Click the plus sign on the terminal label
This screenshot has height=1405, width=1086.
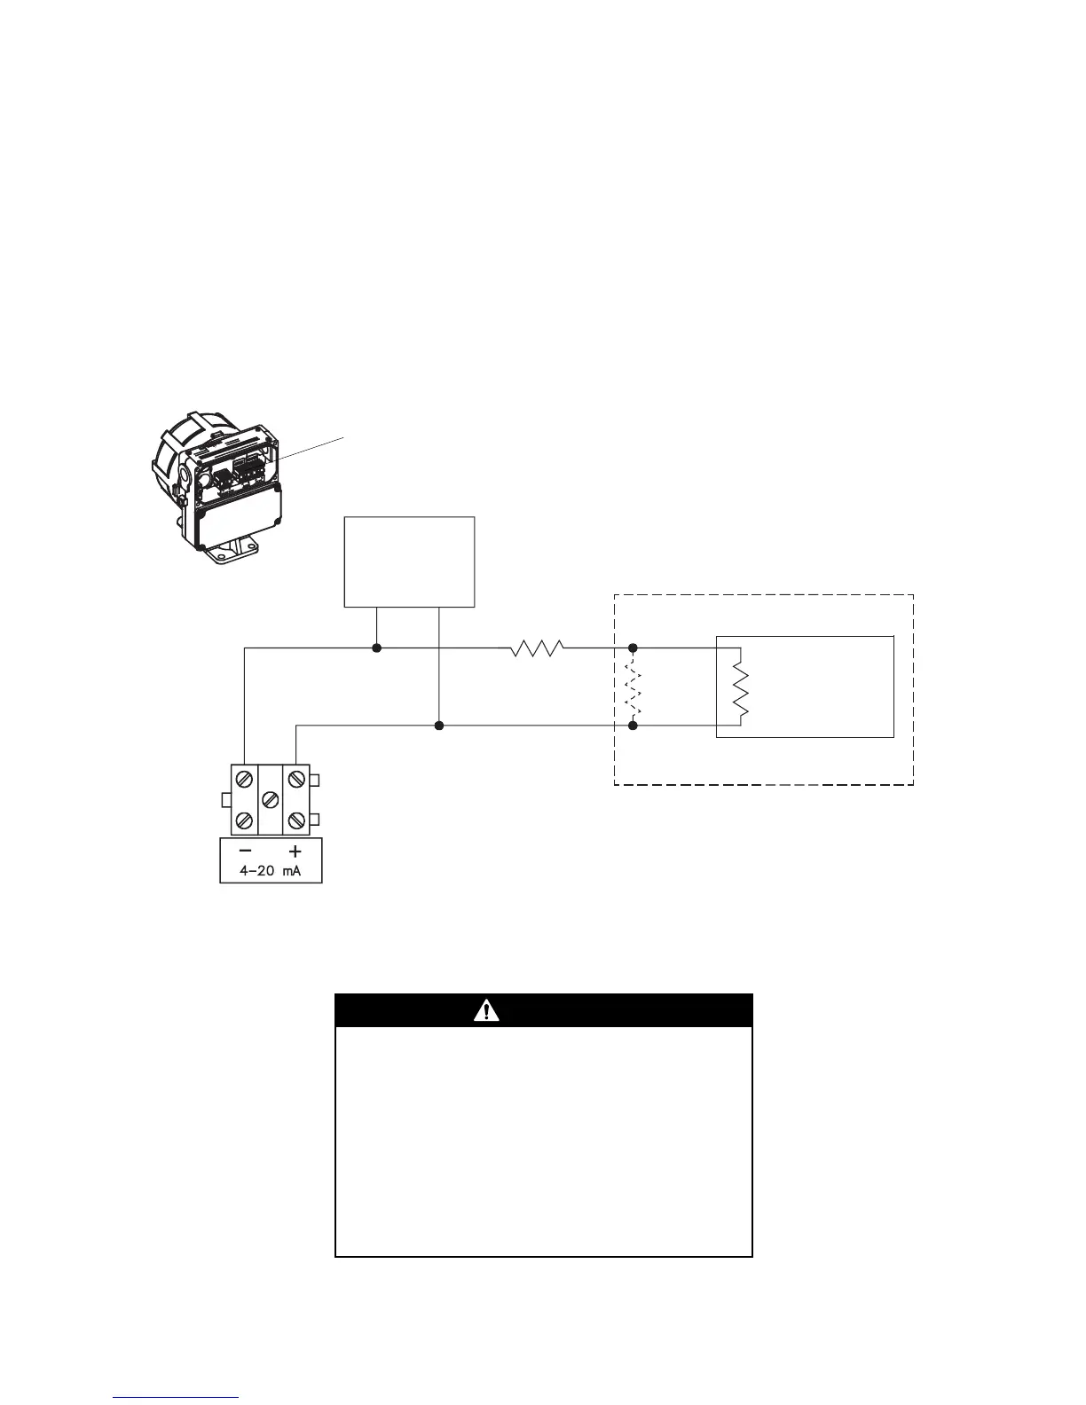[x=296, y=849]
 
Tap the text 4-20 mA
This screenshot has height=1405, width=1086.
[x=271, y=871]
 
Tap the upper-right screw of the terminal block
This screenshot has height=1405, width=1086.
[x=296, y=781]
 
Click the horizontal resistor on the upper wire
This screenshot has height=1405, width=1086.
[x=537, y=648]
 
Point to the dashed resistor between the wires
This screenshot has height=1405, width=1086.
[x=633, y=687]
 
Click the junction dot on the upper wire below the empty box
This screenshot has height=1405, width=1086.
[x=376, y=648]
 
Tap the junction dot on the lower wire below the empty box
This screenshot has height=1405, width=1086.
[x=438, y=726]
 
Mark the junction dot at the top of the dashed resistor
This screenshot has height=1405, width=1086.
[x=633, y=648]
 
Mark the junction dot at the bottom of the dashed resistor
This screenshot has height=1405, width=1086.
[x=633, y=726]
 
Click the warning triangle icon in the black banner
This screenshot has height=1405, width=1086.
[x=486, y=1010]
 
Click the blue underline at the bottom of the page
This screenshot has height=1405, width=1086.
[x=176, y=1397]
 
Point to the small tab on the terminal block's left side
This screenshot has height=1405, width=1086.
[x=225, y=801]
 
